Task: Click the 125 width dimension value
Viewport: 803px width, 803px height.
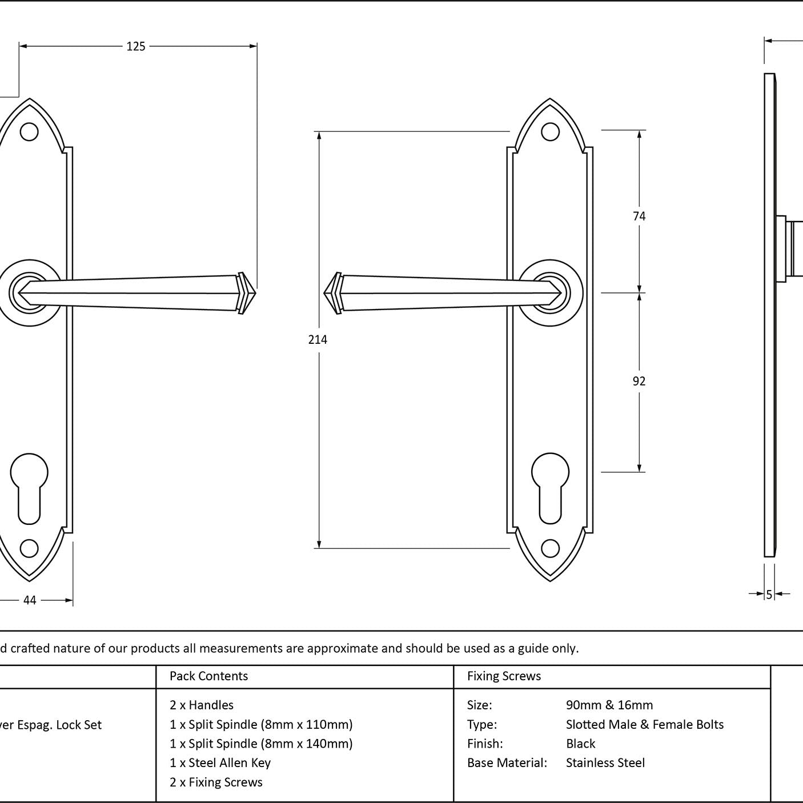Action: pyautogui.click(x=136, y=46)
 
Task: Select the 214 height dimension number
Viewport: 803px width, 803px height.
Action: pyautogui.click(x=318, y=340)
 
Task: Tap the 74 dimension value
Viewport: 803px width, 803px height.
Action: pyautogui.click(x=639, y=216)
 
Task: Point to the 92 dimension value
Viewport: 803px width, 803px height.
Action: pyautogui.click(x=639, y=381)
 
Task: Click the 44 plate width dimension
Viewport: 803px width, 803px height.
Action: pyautogui.click(x=30, y=600)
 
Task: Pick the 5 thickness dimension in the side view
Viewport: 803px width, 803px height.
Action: pyautogui.click(x=769, y=595)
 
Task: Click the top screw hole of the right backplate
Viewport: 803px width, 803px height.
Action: pyautogui.click(x=550, y=132)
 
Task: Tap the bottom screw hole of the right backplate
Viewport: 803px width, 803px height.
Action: pyautogui.click(x=550, y=548)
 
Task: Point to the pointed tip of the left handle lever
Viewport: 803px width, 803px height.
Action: pyautogui.click(x=250, y=292)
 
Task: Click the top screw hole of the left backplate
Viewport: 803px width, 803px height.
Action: pyautogui.click(x=29, y=132)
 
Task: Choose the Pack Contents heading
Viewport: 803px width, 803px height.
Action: pyautogui.click(x=208, y=676)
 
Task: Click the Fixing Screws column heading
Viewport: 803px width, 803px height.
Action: pyautogui.click(x=504, y=676)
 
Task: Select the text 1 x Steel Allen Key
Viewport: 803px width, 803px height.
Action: pyautogui.click(x=220, y=763)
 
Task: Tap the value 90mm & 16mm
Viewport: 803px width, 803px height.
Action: pyautogui.click(x=609, y=705)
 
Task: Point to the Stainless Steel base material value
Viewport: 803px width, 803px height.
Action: pyautogui.click(x=605, y=763)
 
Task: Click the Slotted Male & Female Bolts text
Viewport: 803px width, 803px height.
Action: pyautogui.click(x=645, y=725)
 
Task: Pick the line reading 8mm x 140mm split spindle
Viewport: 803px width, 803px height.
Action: pyautogui.click(x=261, y=744)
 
